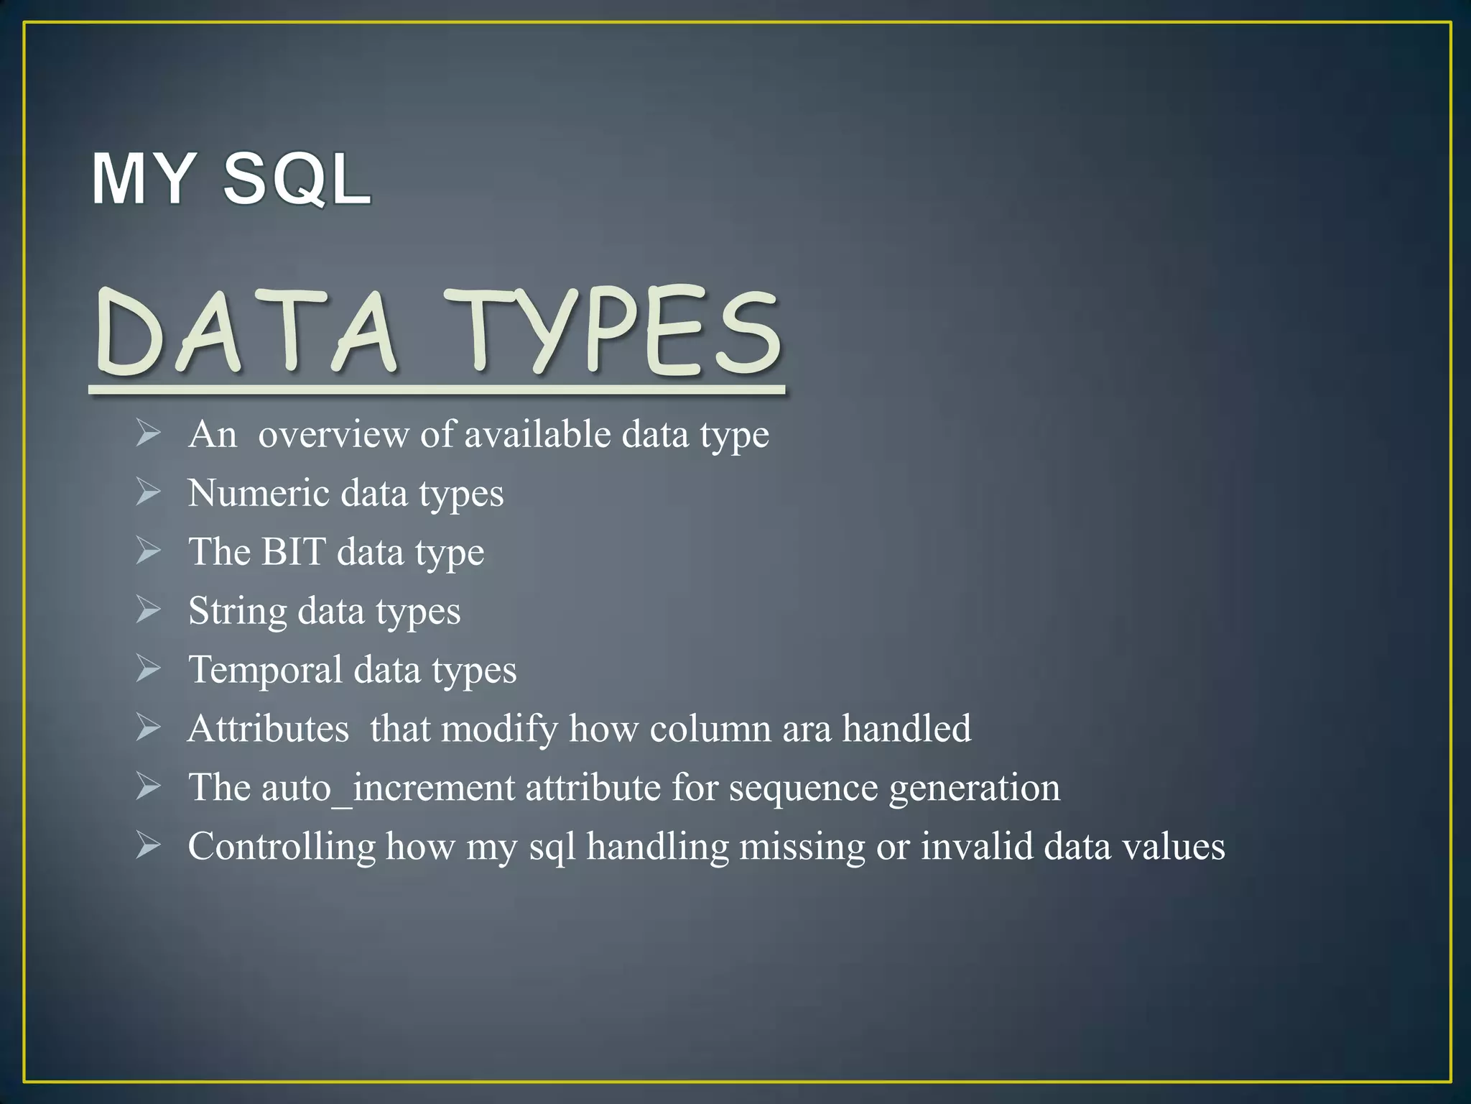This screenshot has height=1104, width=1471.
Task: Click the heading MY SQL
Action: click(x=231, y=179)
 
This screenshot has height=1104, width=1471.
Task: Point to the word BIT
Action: click(x=293, y=553)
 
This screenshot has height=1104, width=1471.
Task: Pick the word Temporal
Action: click(x=265, y=671)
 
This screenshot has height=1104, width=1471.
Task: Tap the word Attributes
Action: click(x=269, y=729)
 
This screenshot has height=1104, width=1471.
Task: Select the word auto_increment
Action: click(x=388, y=788)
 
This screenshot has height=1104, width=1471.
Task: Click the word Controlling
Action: click(x=282, y=847)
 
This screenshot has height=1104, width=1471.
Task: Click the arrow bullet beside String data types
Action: click(x=148, y=610)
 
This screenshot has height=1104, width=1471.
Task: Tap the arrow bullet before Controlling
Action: click(x=148, y=845)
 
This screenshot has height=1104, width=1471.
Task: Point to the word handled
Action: click(x=906, y=729)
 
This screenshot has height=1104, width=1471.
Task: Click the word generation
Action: click(x=975, y=789)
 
